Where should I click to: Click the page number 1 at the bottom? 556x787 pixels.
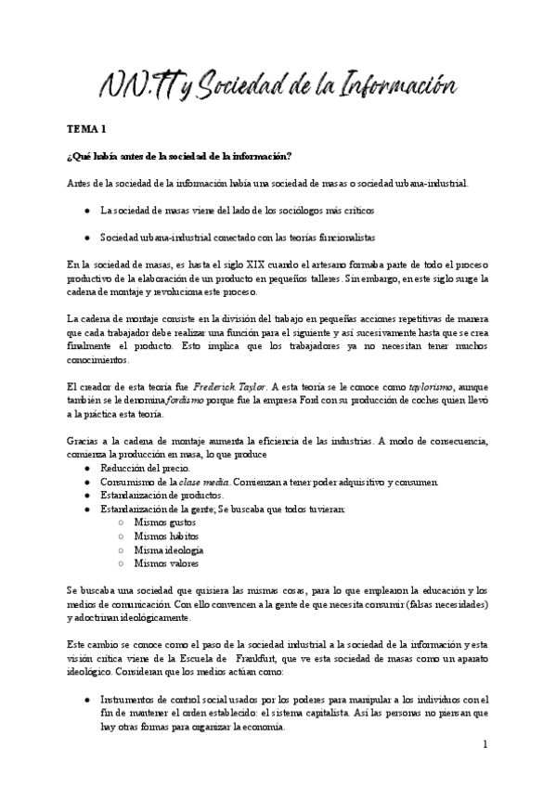point(485,744)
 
